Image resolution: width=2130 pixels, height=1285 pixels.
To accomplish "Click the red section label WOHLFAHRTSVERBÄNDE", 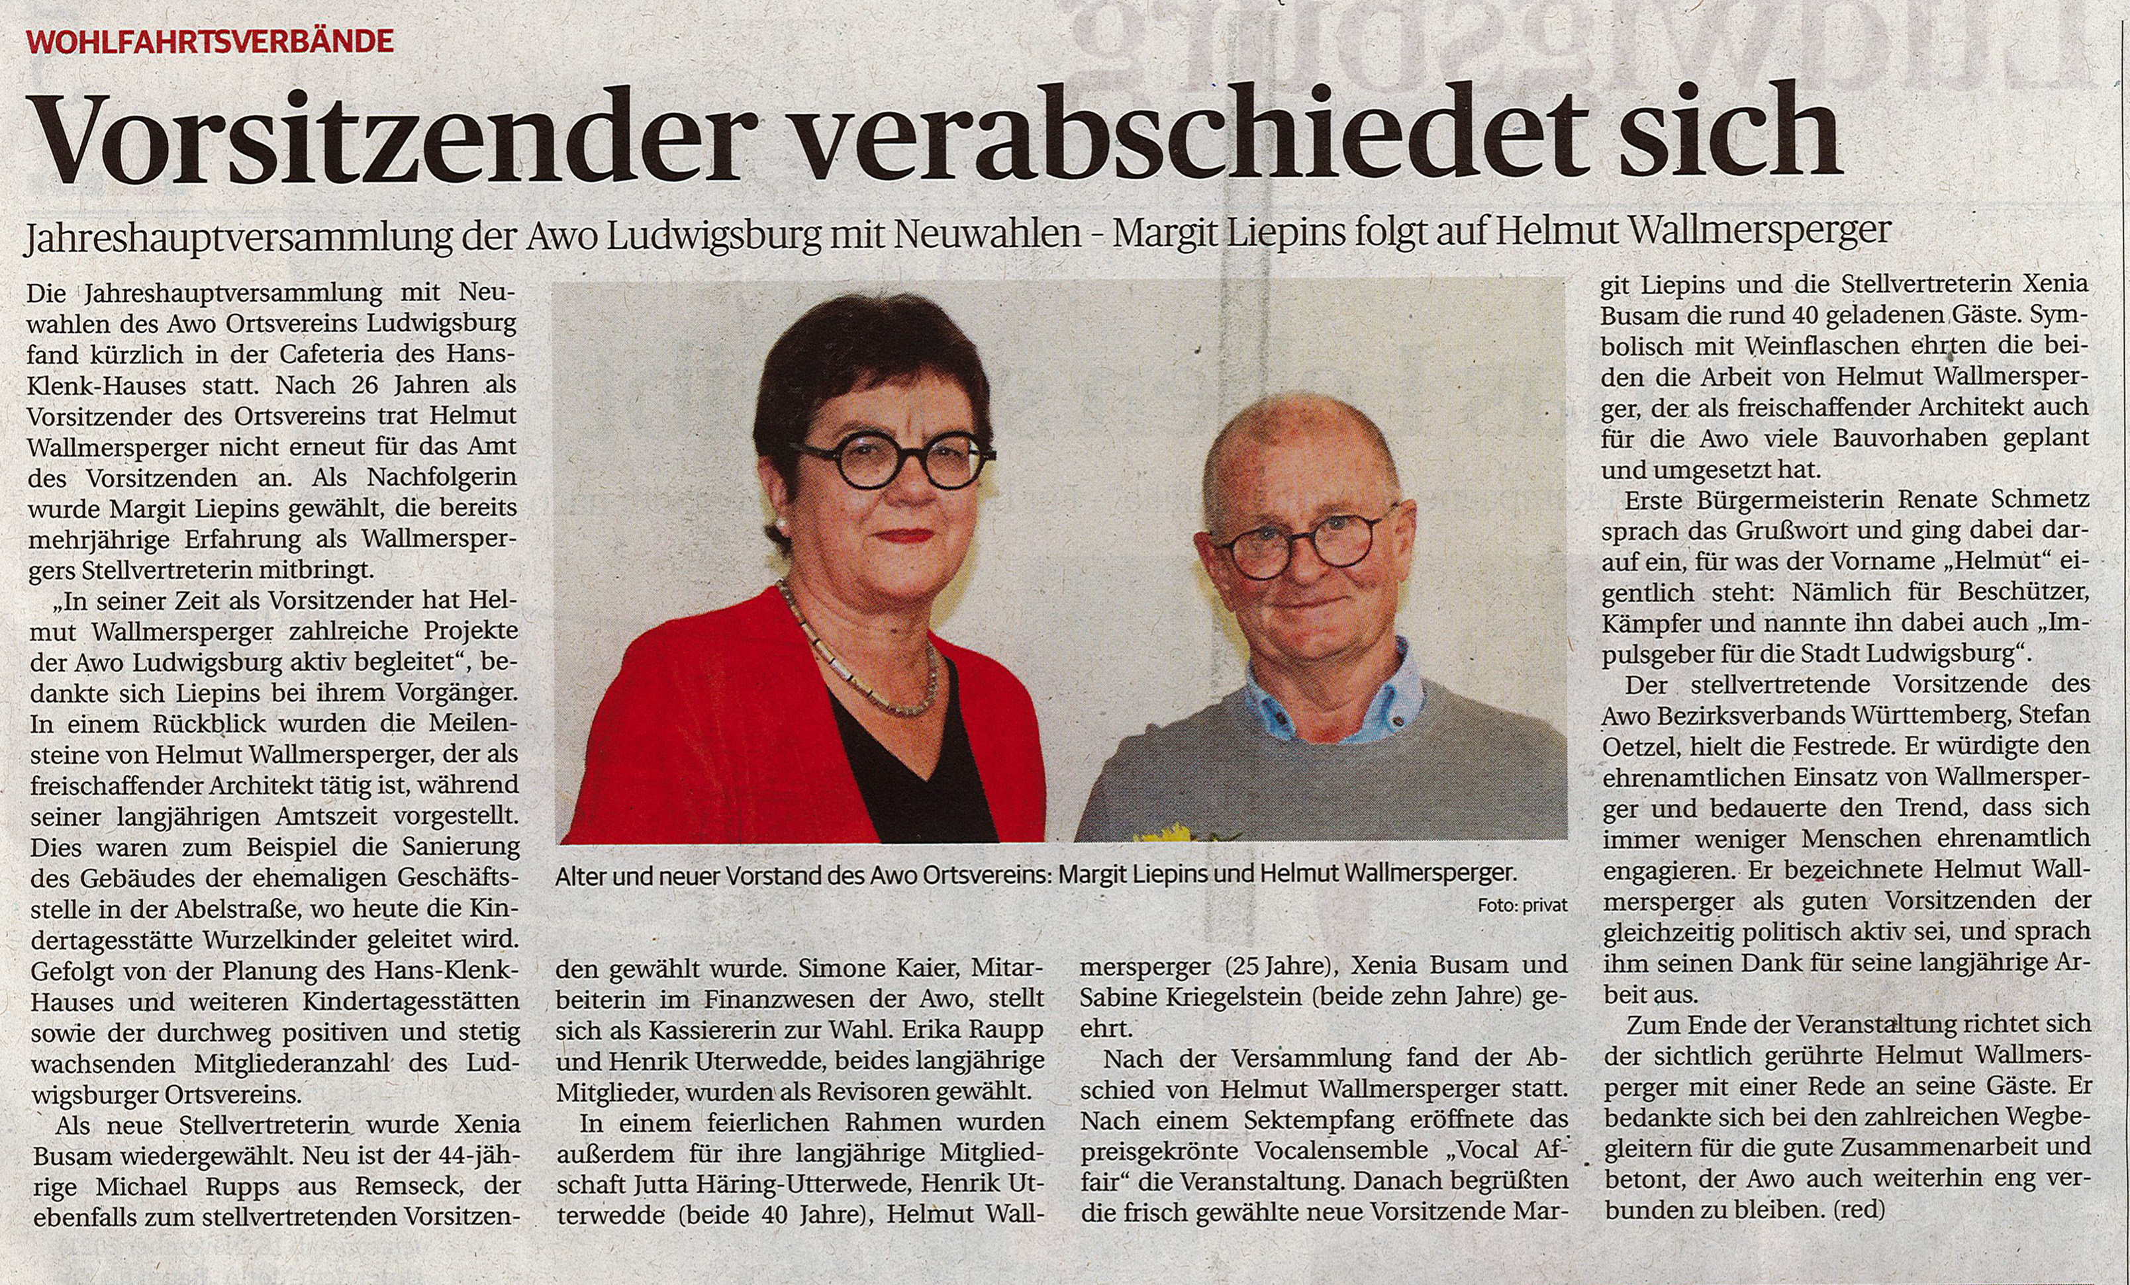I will (210, 40).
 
